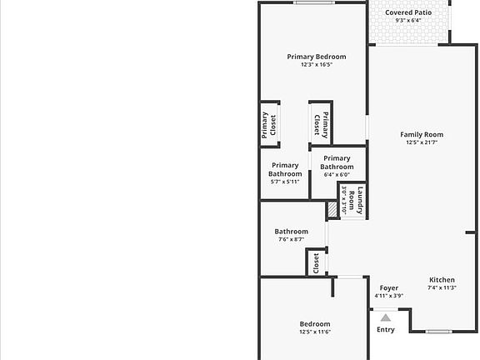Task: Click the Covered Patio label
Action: [x=408, y=12]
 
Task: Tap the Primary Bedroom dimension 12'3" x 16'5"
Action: [x=317, y=65]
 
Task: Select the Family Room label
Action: [x=422, y=134]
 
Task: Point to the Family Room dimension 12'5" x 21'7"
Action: [x=422, y=142]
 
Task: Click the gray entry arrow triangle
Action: [x=386, y=318]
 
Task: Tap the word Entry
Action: [x=386, y=330]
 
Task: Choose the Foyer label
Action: [x=389, y=288]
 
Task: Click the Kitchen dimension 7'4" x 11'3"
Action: [x=442, y=287]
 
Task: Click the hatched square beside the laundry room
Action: [x=332, y=209]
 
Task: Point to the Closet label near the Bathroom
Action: [x=316, y=263]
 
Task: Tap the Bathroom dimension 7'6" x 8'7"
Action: [x=291, y=239]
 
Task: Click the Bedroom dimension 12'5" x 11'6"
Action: [x=315, y=332]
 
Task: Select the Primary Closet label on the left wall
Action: [x=269, y=125]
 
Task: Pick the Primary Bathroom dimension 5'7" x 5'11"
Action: [x=285, y=182]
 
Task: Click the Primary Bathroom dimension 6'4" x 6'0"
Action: [x=337, y=175]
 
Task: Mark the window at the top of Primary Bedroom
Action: [x=314, y=3]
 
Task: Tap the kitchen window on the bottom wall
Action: [x=439, y=331]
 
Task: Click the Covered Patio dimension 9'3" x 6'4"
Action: [x=408, y=21]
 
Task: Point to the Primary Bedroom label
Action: [x=317, y=57]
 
